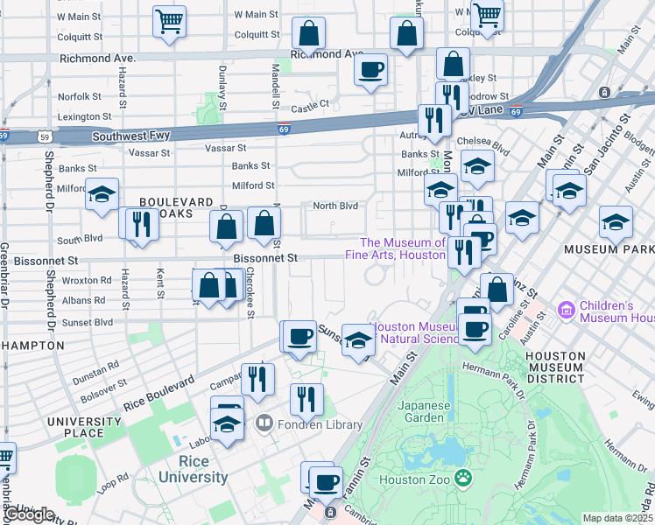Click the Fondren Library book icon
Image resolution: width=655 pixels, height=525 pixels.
tap(264, 424)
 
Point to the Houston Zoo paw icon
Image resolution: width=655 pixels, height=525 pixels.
tap(463, 479)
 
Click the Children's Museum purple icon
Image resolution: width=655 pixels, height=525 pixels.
tap(566, 310)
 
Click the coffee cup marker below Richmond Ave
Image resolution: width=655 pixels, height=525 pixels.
tap(370, 70)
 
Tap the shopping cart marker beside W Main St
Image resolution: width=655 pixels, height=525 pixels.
tap(169, 21)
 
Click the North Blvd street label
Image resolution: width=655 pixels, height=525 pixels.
tap(336, 206)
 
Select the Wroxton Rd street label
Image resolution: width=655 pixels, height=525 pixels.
tap(87, 281)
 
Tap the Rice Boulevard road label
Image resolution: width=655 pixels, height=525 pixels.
tap(158, 394)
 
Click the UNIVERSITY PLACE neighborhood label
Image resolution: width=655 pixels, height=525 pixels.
tap(88, 426)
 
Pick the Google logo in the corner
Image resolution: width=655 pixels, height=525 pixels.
tap(29, 514)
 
